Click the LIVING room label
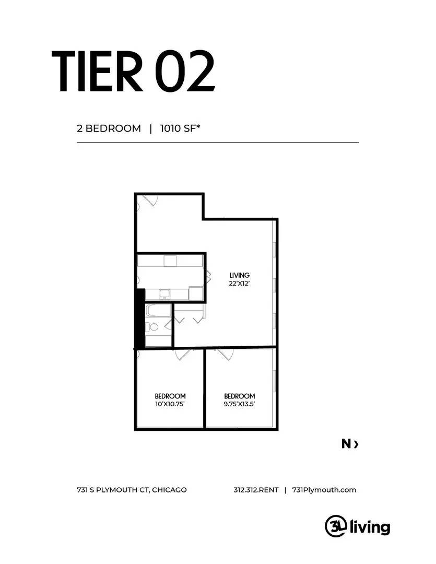point(239,276)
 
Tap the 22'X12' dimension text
point(239,284)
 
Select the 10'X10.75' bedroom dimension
point(170,404)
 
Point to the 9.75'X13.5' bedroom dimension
point(239,404)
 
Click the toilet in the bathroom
point(153,327)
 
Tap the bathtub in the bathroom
point(158,311)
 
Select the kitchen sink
point(165,294)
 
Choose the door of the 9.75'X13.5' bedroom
point(225,354)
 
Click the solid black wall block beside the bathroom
point(139,319)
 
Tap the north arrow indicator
point(350,444)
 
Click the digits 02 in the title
point(185,71)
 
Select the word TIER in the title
point(98,71)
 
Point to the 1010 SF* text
point(180,128)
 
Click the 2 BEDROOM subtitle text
point(109,128)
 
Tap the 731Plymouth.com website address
point(324,490)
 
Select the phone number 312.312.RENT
point(256,490)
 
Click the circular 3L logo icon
point(336,526)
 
